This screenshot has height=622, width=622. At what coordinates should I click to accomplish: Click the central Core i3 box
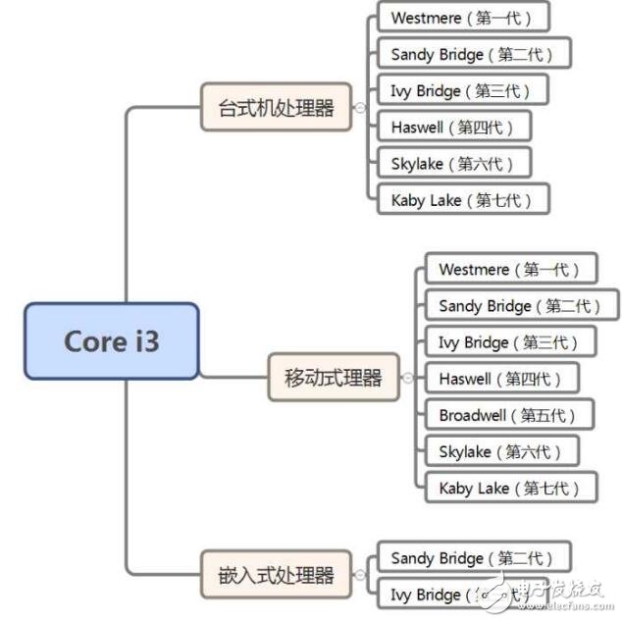pos(112,340)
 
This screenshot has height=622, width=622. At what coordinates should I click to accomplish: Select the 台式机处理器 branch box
pos(276,107)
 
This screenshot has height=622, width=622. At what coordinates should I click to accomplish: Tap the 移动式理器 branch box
pos(334,377)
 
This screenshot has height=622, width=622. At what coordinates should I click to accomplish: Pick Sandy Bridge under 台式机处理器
pos(474,54)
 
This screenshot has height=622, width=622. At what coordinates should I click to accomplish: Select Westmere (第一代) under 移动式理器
pos(510,269)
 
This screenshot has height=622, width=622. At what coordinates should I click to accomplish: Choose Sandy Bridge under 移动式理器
pos(522,305)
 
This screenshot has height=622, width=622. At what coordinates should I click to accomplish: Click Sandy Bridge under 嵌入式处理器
pos(474,557)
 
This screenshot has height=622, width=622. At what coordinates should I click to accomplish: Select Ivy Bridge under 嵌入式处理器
pos(461,594)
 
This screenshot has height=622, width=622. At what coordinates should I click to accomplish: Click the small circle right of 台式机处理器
pos(360,107)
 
